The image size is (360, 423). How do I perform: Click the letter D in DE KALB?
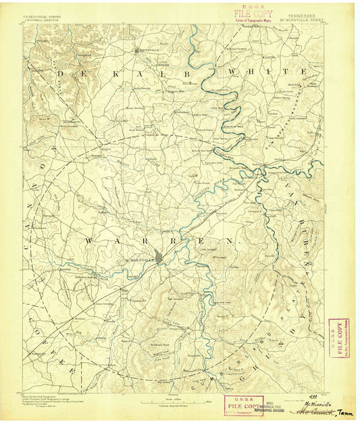coord(61,71)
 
